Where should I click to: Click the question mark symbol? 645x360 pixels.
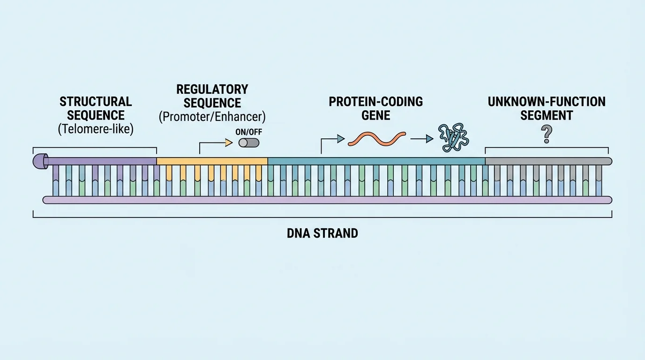point(546,136)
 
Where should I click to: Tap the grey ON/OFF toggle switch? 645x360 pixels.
point(248,142)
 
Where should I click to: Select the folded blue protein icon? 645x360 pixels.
point(453,138)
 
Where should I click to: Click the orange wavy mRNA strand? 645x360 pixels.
point(377,138)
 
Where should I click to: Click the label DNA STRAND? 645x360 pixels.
point(322,233)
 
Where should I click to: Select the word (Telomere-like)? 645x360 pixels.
point(96,129)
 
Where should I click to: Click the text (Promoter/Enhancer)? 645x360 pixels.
point(212,117)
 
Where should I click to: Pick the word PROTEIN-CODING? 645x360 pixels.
point(376,102)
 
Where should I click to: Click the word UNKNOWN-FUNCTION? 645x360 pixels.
point(547,102)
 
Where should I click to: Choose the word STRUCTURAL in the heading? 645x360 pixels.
point(96,102)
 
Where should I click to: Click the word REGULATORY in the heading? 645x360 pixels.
point(212,89)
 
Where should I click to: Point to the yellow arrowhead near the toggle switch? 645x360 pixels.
point(229,142)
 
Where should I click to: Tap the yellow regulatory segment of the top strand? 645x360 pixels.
point(212,161)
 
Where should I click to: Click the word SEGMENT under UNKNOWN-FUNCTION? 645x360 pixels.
point(547,115)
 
